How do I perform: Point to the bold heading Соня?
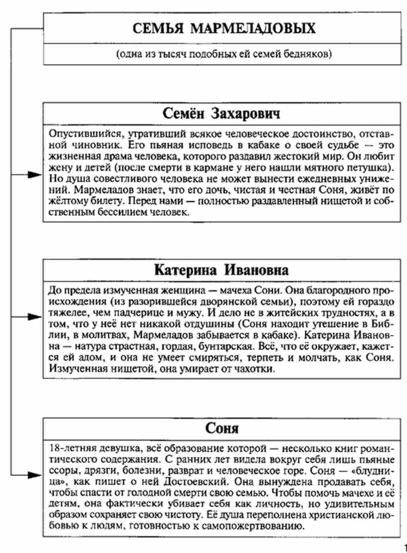click(222, 428)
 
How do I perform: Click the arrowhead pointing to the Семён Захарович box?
click(34, 174)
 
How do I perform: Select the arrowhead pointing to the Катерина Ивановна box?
click(34, 317)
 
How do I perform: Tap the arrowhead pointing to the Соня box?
click(34, 476)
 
